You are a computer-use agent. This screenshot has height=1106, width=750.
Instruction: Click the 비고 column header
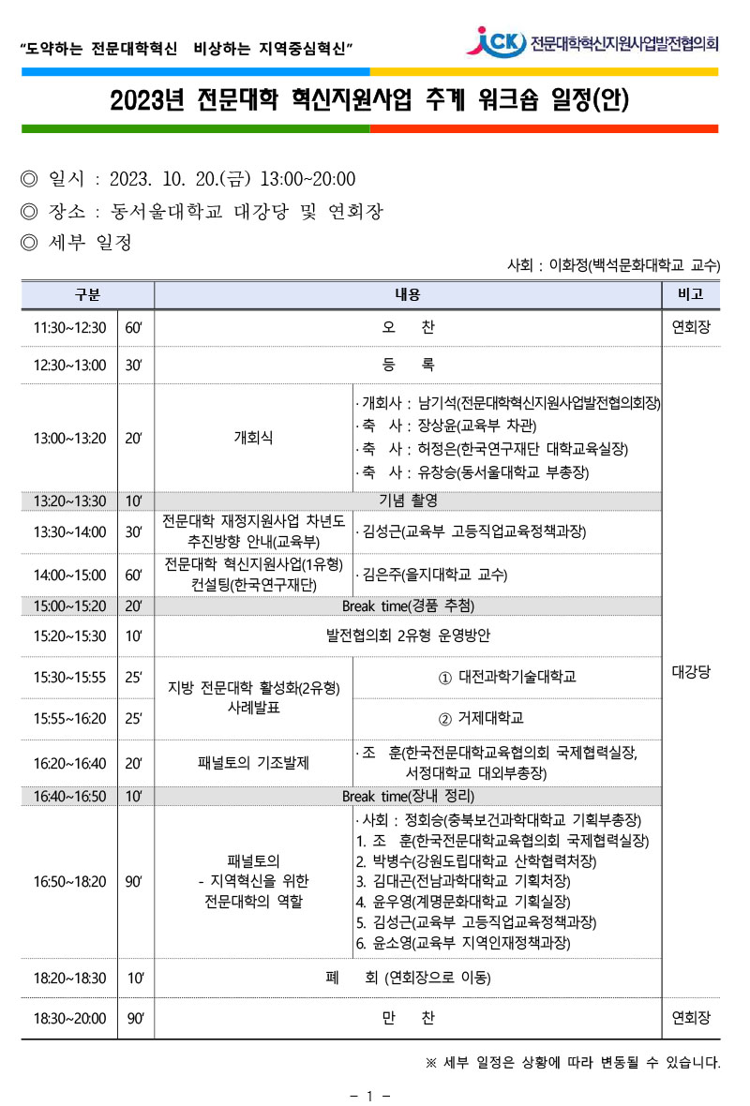(x=690, y=294)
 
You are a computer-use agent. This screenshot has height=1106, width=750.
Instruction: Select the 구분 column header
(x=87, y=294)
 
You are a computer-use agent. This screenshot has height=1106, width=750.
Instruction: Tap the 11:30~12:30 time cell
(x=69, y=328)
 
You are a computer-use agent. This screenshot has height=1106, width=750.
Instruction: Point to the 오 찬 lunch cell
(x=408, y=328)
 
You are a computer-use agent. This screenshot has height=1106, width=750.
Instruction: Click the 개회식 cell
(x=253, y=437)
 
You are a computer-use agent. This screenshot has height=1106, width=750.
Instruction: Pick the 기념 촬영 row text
(x=408, y=501)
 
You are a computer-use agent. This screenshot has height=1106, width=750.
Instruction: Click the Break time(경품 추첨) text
(x=408, y=605)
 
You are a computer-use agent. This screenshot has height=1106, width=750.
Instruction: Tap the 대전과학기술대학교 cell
(x=507, y=677)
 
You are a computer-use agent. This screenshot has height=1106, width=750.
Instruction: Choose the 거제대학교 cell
(x=507, y=718)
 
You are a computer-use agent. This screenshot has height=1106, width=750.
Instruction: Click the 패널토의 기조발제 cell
(x=253, y=762)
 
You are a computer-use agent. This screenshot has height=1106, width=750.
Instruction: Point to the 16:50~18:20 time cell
(x=69, y=881)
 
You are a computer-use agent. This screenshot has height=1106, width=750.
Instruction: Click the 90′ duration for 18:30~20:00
(x=135, y=1018)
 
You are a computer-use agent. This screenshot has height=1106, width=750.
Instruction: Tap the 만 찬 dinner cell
(x=408, y=1018)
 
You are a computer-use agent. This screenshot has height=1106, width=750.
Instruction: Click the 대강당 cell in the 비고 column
(x=690, y=671)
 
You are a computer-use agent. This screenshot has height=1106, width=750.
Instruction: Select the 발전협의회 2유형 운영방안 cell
(x=408, y=636)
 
